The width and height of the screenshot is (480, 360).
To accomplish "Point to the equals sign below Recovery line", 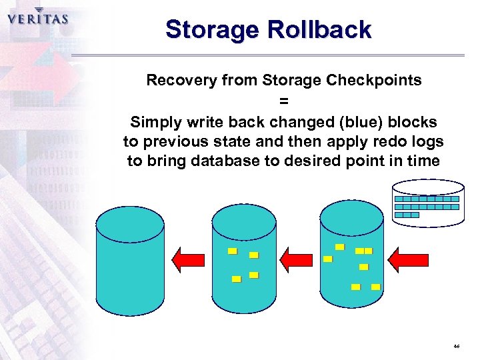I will point(284,101).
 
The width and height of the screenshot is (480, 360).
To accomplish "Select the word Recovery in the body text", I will point(179,81).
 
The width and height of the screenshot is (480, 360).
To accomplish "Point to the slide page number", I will point(457,347).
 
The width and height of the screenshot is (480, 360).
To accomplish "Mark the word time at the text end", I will point(425,161).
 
